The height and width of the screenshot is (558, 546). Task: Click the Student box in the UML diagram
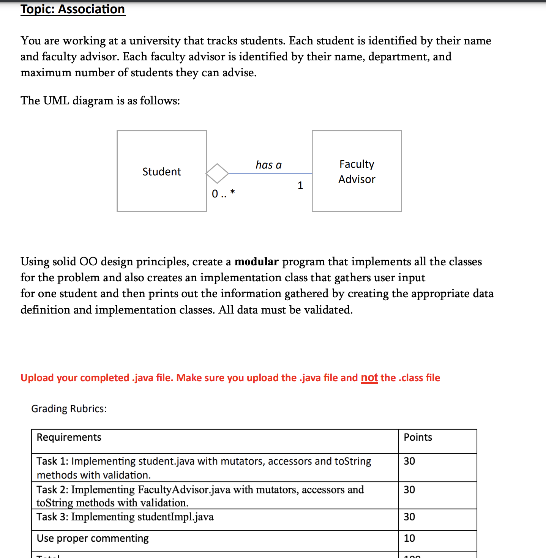pos(162,171)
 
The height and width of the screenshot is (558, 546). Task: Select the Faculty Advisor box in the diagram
pos(357,171)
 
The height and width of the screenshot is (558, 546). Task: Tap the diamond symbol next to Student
pos(217,173)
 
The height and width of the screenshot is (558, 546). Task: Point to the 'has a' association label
pos(268,165)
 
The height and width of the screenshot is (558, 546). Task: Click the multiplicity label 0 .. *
pos(223,194)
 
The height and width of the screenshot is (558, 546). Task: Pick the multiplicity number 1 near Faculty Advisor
pos(300,185)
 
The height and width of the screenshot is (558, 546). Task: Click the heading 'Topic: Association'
pos(73,9)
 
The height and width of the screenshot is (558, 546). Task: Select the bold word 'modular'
pos(256,262)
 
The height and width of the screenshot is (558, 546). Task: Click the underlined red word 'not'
pos(369,378)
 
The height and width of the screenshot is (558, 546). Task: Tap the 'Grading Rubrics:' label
pos(69,408)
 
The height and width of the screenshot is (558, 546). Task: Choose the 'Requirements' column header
pos(69,437)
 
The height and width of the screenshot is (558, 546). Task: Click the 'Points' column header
pos(418,437)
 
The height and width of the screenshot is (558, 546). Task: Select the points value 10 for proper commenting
pos(409,538)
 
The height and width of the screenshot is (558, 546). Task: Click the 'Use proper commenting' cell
pos(93,538)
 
